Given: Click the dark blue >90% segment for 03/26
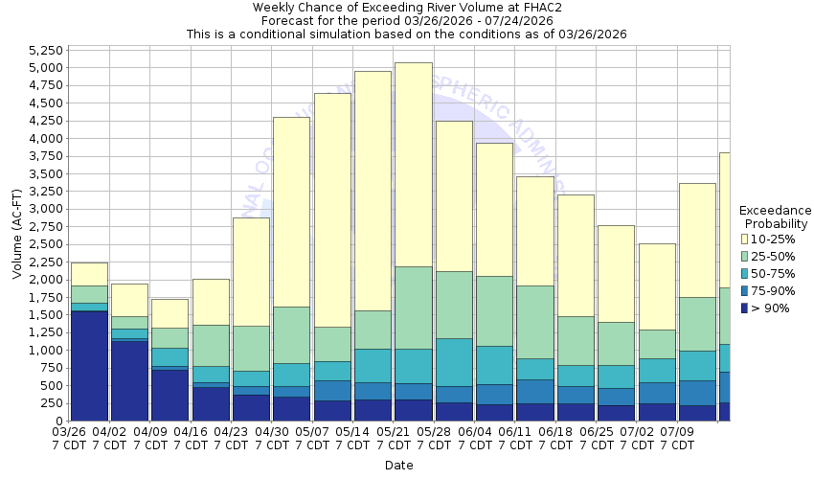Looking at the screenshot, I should (88, 365).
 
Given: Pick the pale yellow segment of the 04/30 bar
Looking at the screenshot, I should (291, 212).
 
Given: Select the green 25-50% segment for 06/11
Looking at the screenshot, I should (534, 322).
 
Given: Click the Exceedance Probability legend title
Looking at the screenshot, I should (775, 217).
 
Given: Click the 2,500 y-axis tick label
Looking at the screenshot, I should (45, 244).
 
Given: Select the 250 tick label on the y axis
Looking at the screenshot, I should (52, 403).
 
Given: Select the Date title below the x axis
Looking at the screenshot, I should (398, 466).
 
